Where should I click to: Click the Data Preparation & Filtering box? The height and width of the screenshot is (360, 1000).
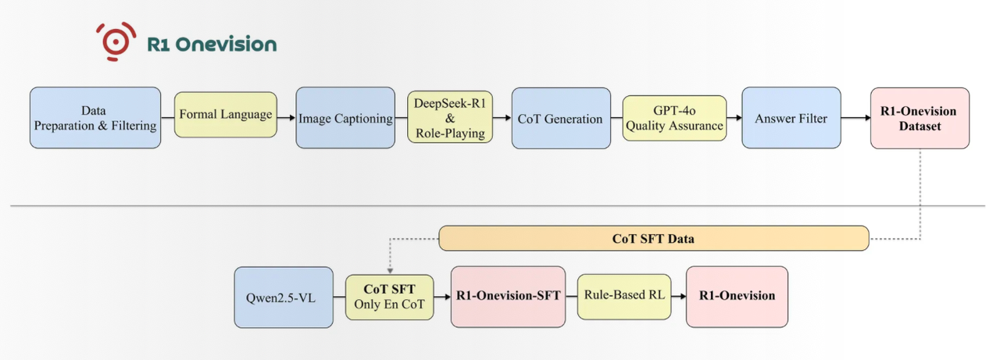(x=94, y=118)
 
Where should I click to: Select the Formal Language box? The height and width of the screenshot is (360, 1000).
(x=226, y=115)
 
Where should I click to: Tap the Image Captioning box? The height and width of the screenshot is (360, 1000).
(x=345, y=118)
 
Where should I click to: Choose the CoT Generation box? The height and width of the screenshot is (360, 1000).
(x=560, y=119)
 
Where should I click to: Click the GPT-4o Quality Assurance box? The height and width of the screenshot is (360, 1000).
(x=674, y=118)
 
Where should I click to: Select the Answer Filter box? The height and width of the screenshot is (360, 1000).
(x=790, y=119)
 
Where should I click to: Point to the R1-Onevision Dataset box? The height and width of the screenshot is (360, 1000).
(x=919, y=119)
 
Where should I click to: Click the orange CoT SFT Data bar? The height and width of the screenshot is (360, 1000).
(x=653, y=239)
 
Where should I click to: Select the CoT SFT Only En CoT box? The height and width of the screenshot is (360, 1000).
(x=390, y=297)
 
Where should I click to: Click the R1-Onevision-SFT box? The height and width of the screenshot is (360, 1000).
(x=508, y=297)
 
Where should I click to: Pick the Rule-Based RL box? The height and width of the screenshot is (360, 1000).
(x=624, y=297)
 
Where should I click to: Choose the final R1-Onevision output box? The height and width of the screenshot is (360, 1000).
(x=737, y=297)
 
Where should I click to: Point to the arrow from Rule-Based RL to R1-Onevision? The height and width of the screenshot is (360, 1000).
(x=678, y=297)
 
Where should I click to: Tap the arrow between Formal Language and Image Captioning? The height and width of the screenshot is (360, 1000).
(x=287, y=119)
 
